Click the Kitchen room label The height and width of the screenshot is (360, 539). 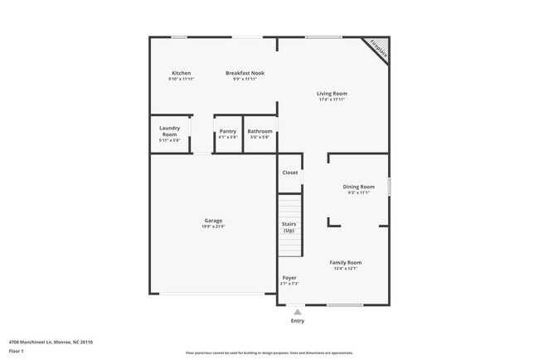(181, 73)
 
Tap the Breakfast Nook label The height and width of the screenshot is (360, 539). (245, 73)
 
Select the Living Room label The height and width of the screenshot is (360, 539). (331, 94)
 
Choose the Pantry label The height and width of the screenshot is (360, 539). (227, 131)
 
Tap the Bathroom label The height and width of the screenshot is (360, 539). (260, 131)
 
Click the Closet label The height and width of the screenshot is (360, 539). (289, 173)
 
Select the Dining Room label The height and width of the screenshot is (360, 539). (358, 187)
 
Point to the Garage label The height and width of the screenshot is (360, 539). (213, 221)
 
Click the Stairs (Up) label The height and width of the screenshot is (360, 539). (289, 226)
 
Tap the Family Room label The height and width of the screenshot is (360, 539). (346, 262)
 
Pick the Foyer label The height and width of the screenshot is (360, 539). (289, 278)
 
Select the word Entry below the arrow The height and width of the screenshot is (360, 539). (297, 320)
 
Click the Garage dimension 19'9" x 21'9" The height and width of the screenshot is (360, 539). (213, 226)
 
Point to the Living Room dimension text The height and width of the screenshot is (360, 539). (331, 100)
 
